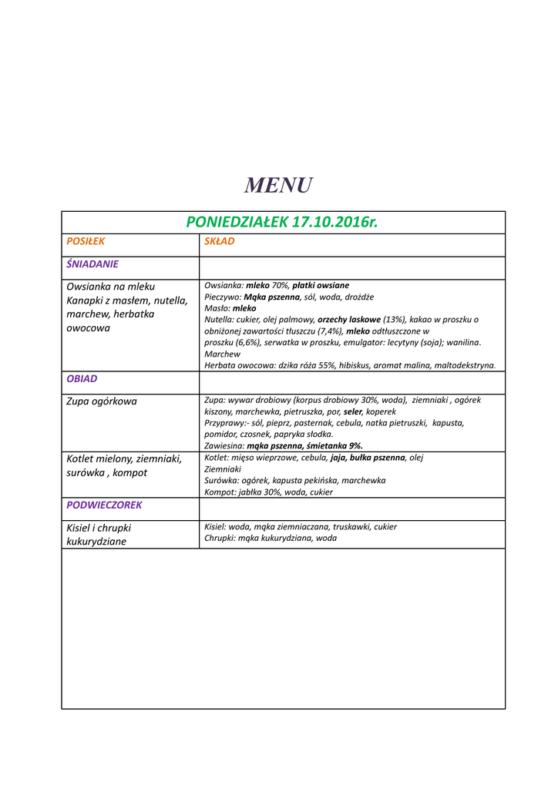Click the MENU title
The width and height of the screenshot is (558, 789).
[278, 186]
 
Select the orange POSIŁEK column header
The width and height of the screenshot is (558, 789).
[86, 241]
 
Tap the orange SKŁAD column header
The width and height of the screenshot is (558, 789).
[220, 241]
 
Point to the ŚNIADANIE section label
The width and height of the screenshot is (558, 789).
[92, 264]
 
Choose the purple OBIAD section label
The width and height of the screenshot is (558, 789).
[82, 379]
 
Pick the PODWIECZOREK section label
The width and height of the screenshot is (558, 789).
[104, 505]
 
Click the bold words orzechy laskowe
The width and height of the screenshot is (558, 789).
[349, 319]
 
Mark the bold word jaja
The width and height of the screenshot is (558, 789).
[338, 458]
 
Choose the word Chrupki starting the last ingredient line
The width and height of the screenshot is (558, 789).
[219, 538]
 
